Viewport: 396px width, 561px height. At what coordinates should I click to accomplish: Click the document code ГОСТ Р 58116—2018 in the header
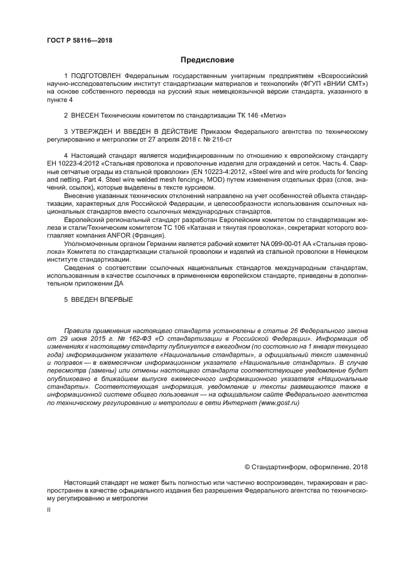point(79,41)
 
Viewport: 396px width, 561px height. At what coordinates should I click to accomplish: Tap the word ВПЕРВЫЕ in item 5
point(112,299)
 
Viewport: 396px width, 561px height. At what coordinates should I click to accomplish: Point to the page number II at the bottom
point(49,509)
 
